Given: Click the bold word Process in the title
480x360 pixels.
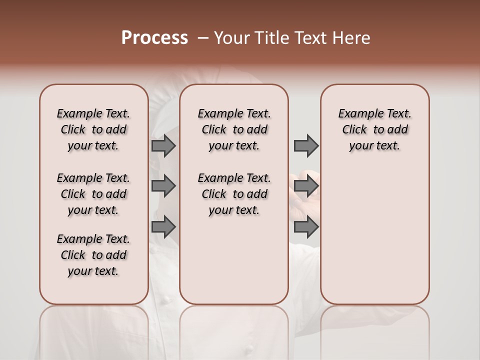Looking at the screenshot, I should (154, 38).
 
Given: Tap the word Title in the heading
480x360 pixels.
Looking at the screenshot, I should (272, 38).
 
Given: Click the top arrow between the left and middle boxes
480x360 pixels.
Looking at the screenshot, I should (163, 146).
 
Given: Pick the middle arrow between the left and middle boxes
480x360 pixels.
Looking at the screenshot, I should (163, 186).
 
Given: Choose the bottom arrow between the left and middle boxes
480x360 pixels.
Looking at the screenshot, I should (163, 227).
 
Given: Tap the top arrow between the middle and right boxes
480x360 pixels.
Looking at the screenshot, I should (306, 146).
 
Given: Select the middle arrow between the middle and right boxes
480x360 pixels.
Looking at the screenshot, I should (306, 186).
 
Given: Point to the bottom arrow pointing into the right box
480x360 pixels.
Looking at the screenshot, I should (306, 227).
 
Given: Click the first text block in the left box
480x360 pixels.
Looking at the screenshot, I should (93, 129).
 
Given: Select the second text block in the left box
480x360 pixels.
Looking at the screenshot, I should (93, 194).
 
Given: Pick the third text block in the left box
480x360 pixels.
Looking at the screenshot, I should (93, 255).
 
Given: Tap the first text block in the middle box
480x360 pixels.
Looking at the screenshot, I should (234, 129).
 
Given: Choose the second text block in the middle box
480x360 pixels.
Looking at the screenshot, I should (234, 194).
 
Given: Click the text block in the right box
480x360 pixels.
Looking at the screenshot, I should (375, 129).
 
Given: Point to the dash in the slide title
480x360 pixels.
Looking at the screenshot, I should (203, 38).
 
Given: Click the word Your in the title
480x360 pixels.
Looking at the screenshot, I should (232, 38).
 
